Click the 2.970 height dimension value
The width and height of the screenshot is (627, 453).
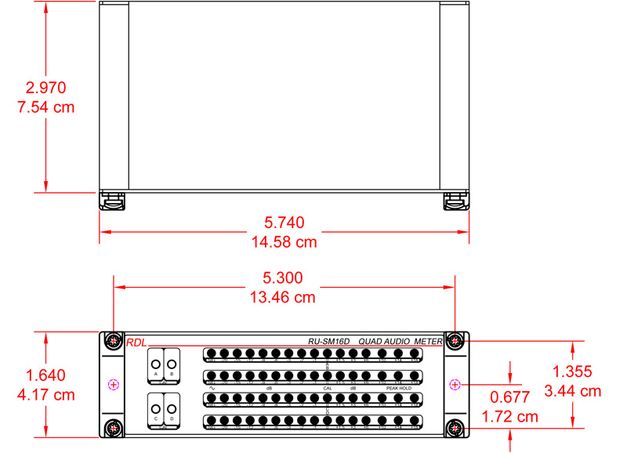point(45,87)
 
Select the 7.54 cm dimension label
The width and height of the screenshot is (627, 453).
point(45,107)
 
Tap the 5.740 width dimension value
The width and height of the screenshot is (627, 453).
point(284,223)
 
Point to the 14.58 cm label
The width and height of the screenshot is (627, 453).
point(284,242)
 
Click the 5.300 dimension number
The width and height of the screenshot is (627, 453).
point(283,278)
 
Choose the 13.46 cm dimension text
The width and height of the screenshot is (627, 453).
point(283,297)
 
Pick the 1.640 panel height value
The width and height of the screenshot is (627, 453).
point(45,375)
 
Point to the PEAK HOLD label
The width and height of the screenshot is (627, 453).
point(398,388)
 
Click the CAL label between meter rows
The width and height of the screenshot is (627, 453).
point(328,388)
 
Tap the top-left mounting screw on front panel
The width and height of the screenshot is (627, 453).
point(114,341)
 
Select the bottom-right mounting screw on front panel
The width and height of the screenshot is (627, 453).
point(454,428)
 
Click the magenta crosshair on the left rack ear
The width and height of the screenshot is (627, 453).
point(114,384)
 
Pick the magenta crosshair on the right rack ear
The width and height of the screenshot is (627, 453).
point(454,384)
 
